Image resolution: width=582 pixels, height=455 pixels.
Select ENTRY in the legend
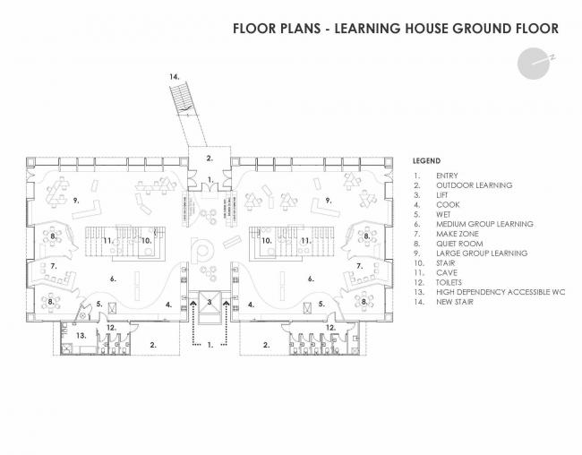click(447, 176)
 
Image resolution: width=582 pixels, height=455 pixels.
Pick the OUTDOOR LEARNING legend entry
click(474, 185)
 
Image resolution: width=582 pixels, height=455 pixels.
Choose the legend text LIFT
click(442, 195)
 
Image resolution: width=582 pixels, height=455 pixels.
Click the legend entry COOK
click(445, 205)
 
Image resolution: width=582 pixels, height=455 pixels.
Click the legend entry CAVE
click(446, 272)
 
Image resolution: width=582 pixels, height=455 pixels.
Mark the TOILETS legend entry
click(451, 282)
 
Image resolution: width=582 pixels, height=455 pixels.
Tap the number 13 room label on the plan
click(79, 334)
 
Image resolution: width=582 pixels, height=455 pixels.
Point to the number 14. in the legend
click(416, 302)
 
